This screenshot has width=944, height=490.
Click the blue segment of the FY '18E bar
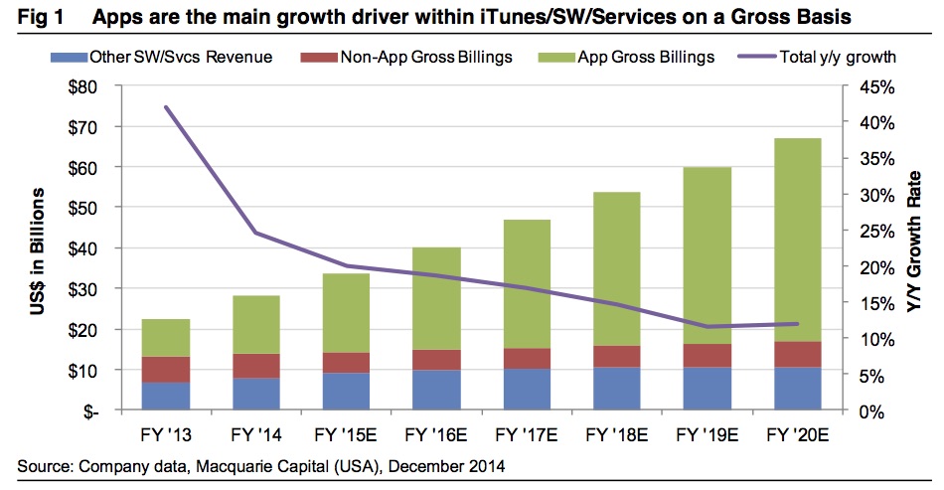point(616,389)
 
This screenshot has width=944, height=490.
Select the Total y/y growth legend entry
point(825,57)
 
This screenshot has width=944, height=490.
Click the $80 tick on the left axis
point(83,86)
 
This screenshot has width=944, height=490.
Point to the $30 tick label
point(83,288)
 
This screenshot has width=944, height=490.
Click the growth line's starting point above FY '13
point(166,106)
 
